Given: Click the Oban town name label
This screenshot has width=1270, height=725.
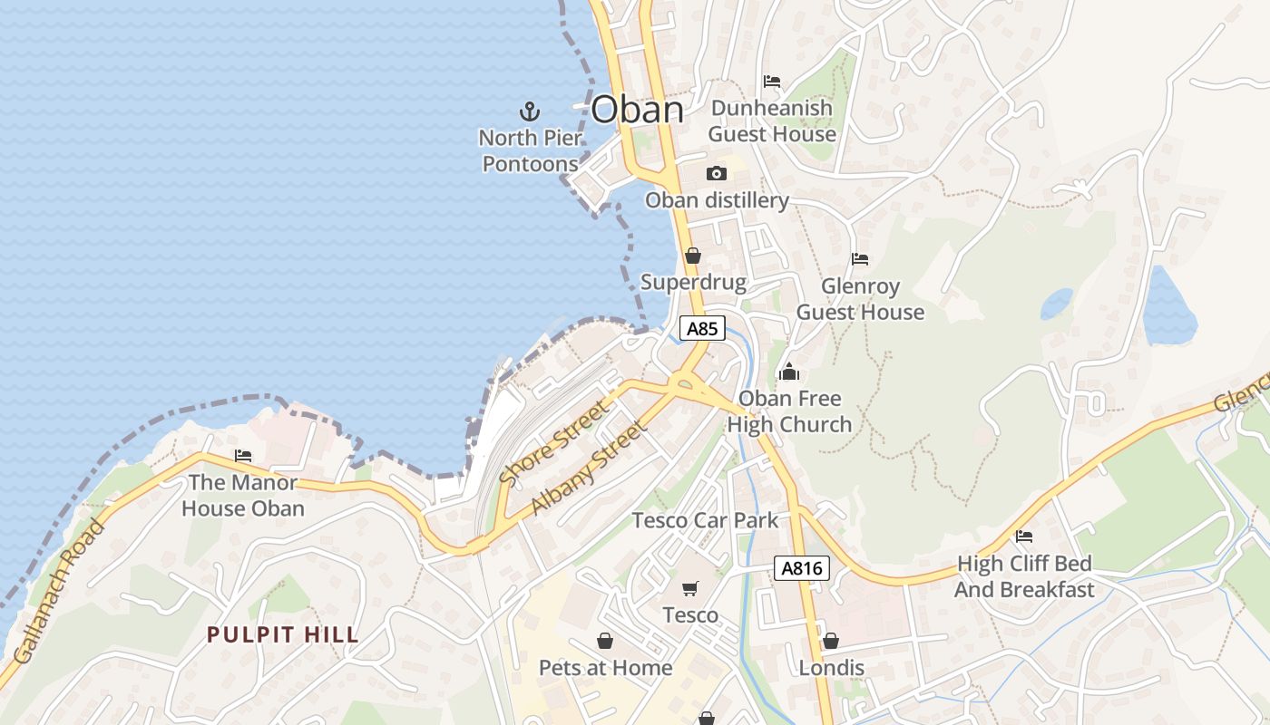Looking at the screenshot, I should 637,110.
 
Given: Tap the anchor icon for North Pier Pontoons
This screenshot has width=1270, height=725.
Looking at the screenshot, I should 529,111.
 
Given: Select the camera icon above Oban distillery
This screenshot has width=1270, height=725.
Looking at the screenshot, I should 717,173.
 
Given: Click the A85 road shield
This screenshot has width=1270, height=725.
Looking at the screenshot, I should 702,328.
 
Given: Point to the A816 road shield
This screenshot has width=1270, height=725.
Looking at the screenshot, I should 802,568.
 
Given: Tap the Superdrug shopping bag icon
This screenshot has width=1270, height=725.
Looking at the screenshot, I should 693,256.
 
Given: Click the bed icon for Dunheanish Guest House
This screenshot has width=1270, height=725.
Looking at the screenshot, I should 772,82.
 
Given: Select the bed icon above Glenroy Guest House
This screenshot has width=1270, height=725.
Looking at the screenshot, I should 860,259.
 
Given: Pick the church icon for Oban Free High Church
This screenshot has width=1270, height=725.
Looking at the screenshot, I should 789,372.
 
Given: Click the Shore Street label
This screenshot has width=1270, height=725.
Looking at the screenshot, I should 554,443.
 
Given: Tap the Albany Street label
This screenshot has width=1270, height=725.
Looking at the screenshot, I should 589,467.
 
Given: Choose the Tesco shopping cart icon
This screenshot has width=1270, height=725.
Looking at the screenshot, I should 690,589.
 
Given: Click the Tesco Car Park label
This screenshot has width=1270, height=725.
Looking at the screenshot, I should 705,520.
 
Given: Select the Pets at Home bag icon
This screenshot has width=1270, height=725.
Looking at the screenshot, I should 605,641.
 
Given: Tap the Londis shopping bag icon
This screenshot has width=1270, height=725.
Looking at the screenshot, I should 830,641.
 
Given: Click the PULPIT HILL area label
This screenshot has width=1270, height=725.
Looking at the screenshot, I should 283,634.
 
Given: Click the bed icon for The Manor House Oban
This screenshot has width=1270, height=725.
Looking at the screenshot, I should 243,456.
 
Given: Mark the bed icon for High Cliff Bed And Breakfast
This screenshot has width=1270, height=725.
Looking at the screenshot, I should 1024,536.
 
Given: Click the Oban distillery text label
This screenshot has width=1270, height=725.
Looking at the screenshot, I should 717,200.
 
